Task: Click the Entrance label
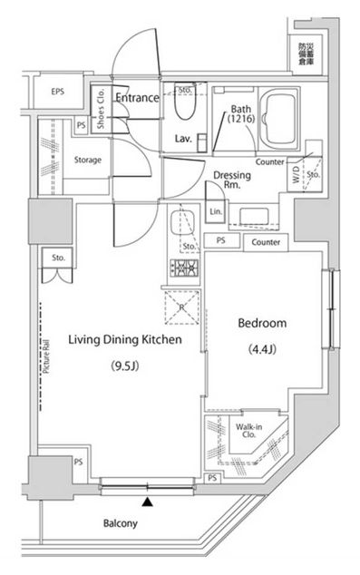137,97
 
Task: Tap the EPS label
58,92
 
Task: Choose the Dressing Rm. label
231,180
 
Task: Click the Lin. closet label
215,213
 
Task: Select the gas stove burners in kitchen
184,268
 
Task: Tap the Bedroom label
262,323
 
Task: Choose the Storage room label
88,161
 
